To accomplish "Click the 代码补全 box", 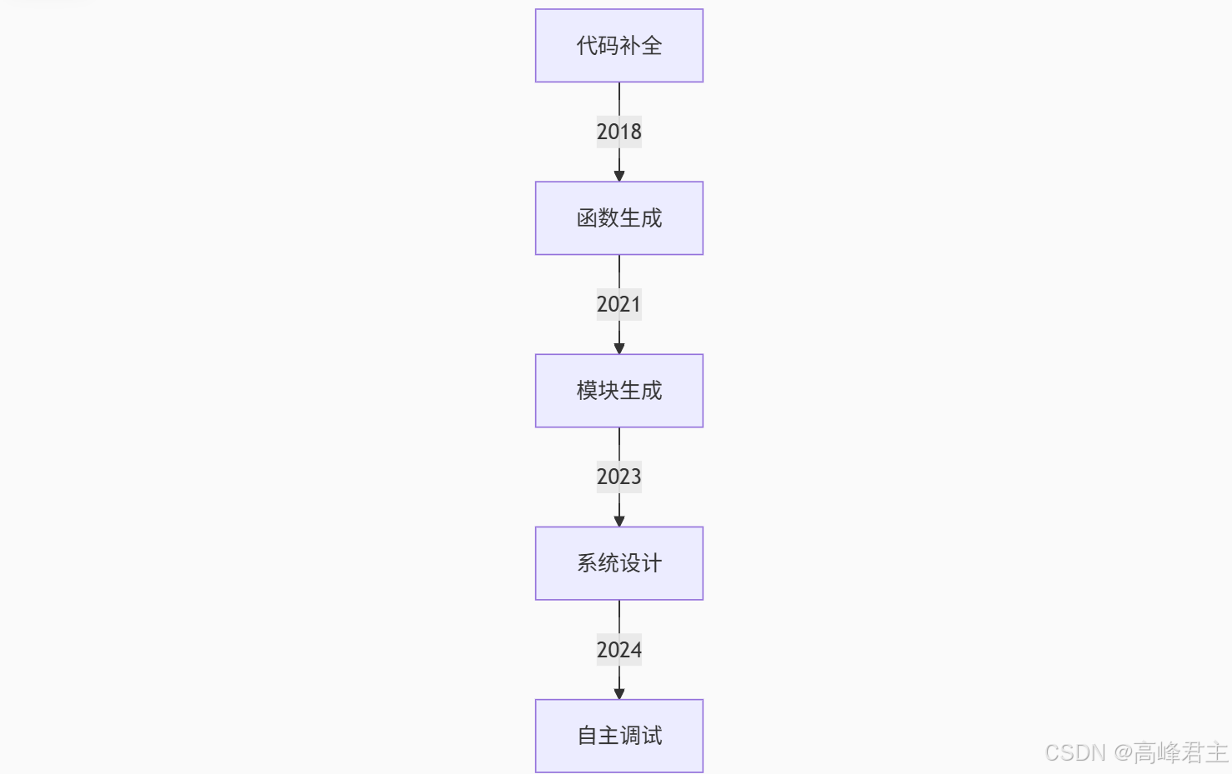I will (619, 46).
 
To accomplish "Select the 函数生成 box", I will (619, 218).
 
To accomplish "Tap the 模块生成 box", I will (619, 391).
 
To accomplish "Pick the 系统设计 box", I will (619, 563).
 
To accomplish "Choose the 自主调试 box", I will (619, 736).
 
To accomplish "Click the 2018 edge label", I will (619, 132).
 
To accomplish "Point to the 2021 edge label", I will (619, 304).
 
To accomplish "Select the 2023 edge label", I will (619, 477).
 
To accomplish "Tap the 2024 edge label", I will (619, 650).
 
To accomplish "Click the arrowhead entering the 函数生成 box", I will (619, 176).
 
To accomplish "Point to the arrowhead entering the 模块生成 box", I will (619, 348).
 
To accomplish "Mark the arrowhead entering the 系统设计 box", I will (619, 521).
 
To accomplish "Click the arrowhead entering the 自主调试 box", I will (619, 693).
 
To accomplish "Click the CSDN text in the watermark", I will (1075, 753).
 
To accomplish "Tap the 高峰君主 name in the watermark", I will (1180, 753).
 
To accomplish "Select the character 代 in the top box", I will (587, 46).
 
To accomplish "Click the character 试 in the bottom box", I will (652, 736).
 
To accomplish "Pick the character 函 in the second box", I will (587, 218).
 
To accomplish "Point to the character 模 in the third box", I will (587, 391).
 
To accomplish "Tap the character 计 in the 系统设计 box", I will (652, 563).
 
